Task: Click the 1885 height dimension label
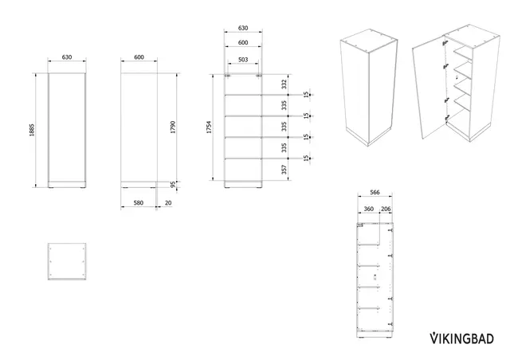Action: click(32, 130)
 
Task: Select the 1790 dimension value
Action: click(173, 127)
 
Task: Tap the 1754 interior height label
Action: click(209, 127)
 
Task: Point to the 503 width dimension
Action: click(243, 60)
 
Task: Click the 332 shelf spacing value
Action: click(284, 84)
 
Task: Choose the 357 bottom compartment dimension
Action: click(284, 170)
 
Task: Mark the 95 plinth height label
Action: click(173, 185)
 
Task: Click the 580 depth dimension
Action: click(138, 202)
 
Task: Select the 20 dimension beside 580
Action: click(168, 202)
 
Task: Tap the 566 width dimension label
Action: click(375, 192)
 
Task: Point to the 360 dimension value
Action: click(368, 209)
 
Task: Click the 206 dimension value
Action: click(386, 209)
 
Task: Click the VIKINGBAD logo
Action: click(462, 338)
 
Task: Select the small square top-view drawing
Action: click(67, 261)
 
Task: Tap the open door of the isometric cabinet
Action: click(430, 88)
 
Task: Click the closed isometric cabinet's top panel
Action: click(369, 41)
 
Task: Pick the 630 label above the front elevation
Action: click(67, 57)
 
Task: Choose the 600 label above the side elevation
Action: click(139, 57)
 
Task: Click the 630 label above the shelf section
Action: click(243, 28)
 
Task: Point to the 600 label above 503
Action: click(243, 42)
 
